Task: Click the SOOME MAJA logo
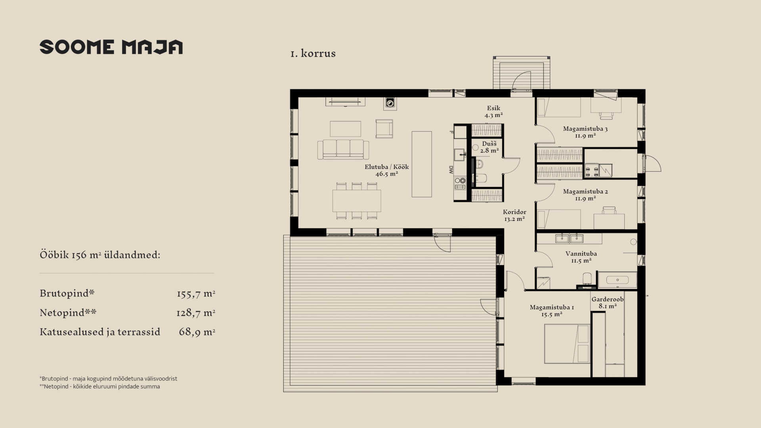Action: pyautogui.click(x=111, y=47)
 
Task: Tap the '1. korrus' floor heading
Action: pyautogui.click(x=313, y=53)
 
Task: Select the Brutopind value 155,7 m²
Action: pyautogui.click(x=196, y=294)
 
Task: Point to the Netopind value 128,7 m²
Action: pyautogui.click(x=196, y=313)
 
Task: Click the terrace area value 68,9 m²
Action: pyautogui.click(x=197, y=332)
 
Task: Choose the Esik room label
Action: pyautogui.click(x=493, y=108)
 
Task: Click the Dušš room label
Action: pyautogui.click(x=489, y=143)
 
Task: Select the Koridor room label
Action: pyautogui.click(x=514, y=212)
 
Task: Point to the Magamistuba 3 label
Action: pyautogui.click(x=585, y=129)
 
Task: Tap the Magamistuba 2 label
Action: pyautogui.click(x=585, y=191)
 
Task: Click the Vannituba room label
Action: pyautogui.click(x=581, y=254)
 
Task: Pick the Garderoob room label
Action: pyautogui.click(x=608, y=299)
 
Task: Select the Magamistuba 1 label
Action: pyautogui.click(x=552, y=308)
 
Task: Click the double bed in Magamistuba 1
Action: pyautogui.click(x=567, y=344)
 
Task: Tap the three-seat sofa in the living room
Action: pyautogui.click(x=343, y=149)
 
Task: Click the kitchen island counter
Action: pyautogui.click(x=422, y=164)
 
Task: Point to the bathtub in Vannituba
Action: pyautogui.click(x=617, y=280)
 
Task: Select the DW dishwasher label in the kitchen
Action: pyautogui.click(x=451, y=170)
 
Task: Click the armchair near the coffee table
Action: pyautogui.click(x=384, y=129)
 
